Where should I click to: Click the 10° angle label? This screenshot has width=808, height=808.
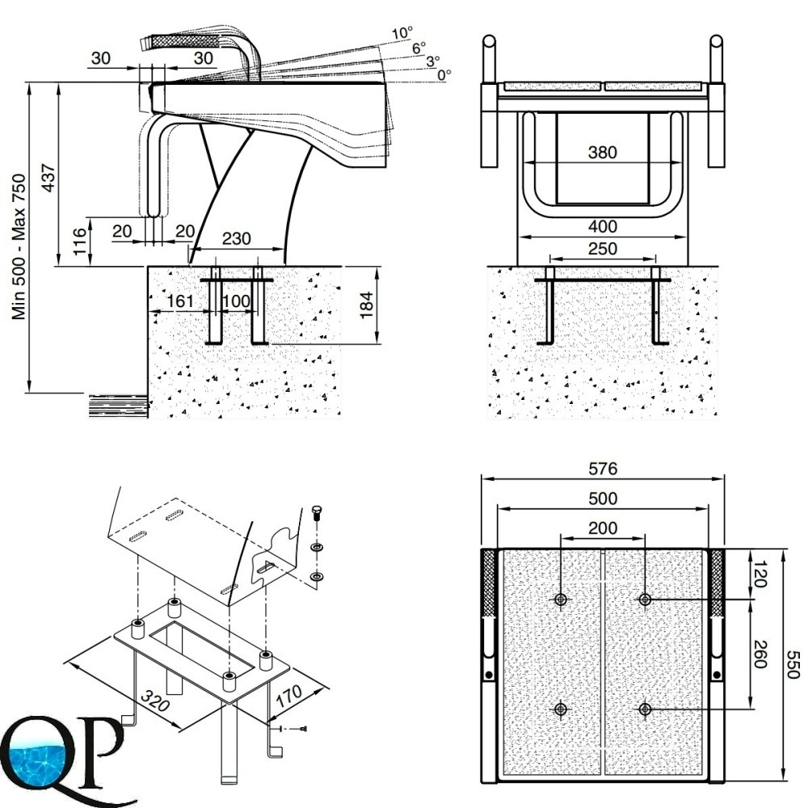pyautogui.click(x=402, y=33)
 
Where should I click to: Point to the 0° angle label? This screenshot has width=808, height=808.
pyautogui.click(x=444, y=74)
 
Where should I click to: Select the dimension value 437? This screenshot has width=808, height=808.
pyautogui.click(x=48, y=178)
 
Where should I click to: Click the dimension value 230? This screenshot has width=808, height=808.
pyautogui.click(x=236, y=239)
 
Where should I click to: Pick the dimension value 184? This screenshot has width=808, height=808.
pyautogui.click(x=368, y=305)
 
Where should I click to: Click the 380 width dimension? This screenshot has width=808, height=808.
pyautogui.click(x=602, y=152)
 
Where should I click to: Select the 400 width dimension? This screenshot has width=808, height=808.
pyautogui.click(x=602, y=226)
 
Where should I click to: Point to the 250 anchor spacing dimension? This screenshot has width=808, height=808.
pyautogui.click(x=602, y=250)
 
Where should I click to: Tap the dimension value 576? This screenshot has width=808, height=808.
pyautogui.click(x=602, y=468)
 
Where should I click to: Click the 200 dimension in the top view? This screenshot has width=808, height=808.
pyautogui.click(x=602, y=528)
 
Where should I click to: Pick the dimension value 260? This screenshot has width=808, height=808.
pyautogui.click(x=760, y=654)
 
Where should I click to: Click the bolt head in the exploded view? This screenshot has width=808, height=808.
pyautogui.click(x=316, y=511)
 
